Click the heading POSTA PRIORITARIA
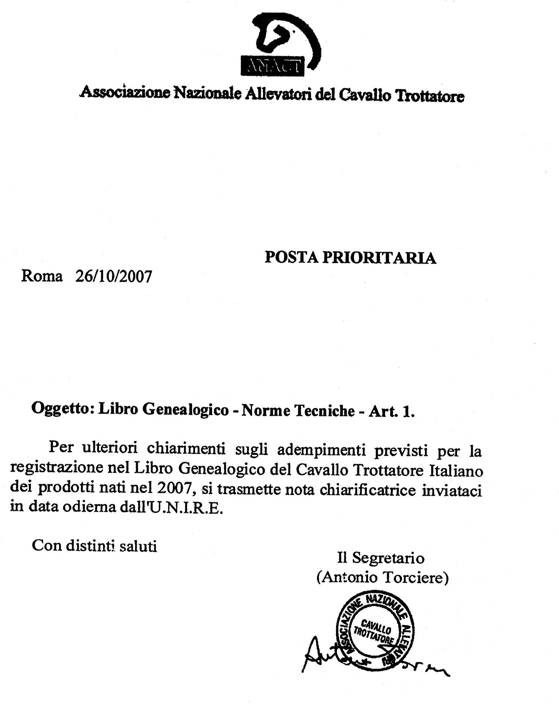(350, 258)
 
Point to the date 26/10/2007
(113, 276)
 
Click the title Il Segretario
(381, 557)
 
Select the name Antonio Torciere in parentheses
(382, 577)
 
